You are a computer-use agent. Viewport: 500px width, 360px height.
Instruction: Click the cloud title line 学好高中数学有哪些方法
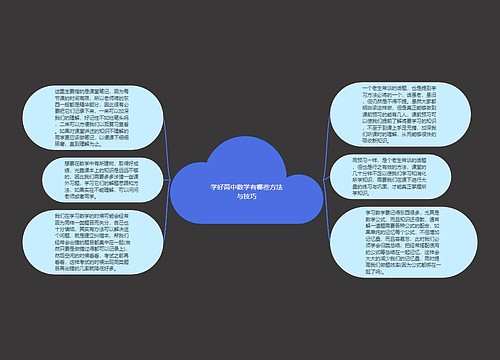pos(247,187)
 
